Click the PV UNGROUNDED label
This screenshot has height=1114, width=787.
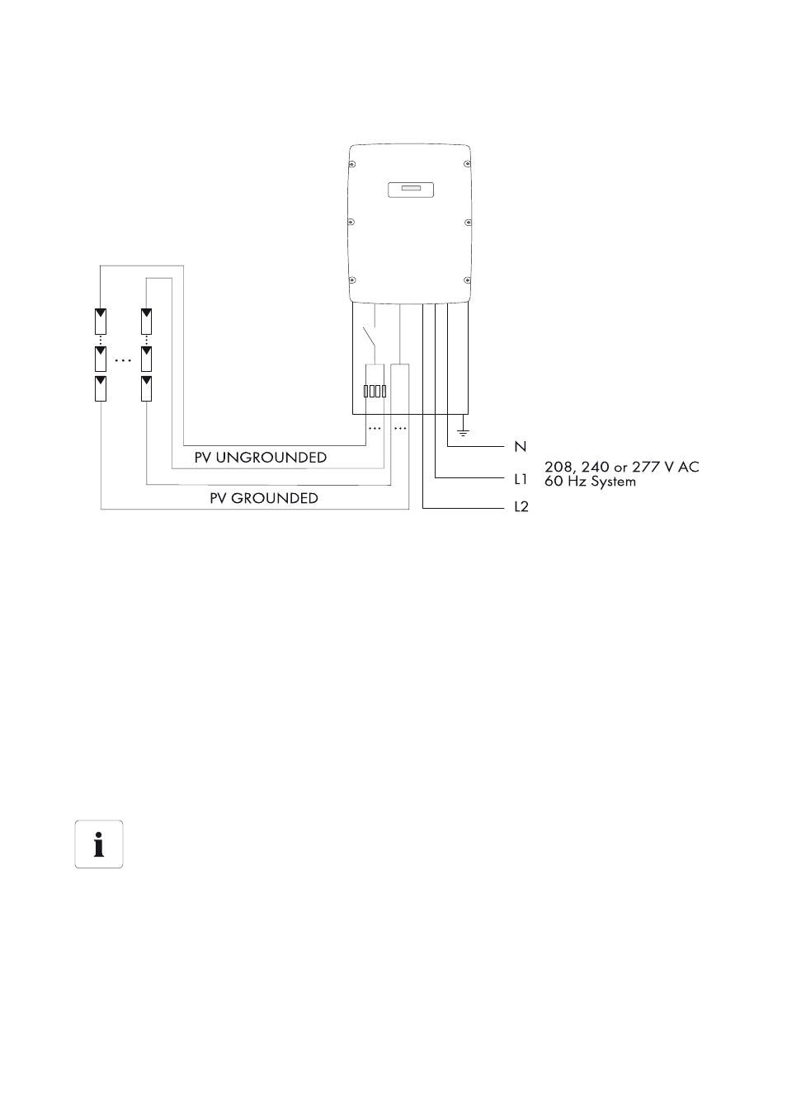[260, 458]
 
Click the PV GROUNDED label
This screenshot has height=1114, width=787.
[264, 498]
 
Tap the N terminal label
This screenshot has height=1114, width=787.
[521, 447]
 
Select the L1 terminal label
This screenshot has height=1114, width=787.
[521, 479]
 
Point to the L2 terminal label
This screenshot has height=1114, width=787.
[521, 507]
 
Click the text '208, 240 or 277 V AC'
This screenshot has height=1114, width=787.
[622, 467]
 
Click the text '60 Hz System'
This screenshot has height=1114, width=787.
[590, 482]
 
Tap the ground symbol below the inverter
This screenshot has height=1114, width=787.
[463, 432]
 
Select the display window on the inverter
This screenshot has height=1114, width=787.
[411, 190]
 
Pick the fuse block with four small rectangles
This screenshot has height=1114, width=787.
[375, 392]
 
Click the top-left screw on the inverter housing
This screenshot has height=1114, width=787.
[351, 164]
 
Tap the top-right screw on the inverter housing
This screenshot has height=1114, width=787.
[467, 164]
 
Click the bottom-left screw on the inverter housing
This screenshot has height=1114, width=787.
[351, 280]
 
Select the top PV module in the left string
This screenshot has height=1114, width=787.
[101, 322]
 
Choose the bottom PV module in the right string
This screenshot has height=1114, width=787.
[146, 388]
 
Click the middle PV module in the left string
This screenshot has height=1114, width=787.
[101, 359]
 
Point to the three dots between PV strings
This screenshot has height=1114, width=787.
[123, 360]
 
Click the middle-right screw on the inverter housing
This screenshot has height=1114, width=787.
[468, 223]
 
